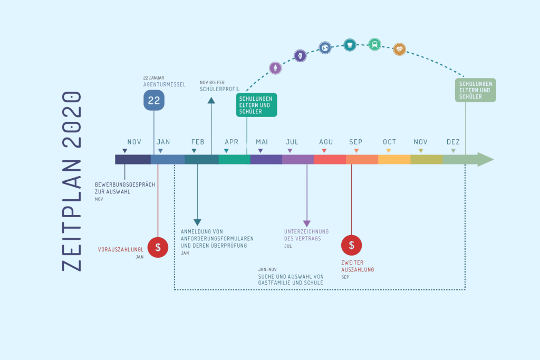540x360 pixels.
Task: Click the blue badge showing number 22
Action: click(154, 100)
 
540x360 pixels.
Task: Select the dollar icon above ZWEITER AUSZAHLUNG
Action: click(352, 245)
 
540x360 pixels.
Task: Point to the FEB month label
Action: click(198, 142)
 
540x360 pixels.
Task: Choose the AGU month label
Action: click(326, 142)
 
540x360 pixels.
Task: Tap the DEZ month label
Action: click(453, 142)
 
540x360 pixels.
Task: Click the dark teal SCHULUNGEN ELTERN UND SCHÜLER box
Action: click(256, 105)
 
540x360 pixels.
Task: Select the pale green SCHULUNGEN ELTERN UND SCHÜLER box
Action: click(476, 90)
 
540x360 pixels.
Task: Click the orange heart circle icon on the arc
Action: click(400, 49)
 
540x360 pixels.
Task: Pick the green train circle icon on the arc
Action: click(374, 44)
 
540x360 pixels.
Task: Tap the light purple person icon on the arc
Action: click(275, 68)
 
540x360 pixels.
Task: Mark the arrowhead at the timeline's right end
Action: click(486, 159)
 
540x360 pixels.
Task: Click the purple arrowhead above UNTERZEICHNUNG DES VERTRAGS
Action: click(307, 223)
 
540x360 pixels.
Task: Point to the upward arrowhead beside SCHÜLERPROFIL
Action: click(211, 101)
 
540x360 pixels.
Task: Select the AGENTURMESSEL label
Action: click(165, 84)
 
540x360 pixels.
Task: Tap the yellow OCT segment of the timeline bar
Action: click(394, 159)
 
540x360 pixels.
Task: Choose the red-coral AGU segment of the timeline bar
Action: click(330, 159)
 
